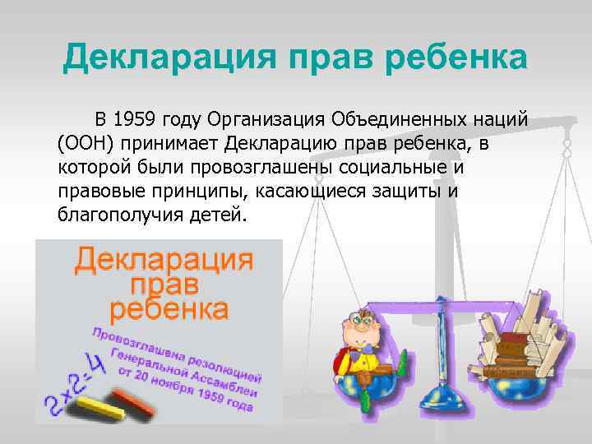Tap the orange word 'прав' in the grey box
(164, 284)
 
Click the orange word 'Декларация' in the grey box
(164, 261)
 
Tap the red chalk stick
(132, 400)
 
